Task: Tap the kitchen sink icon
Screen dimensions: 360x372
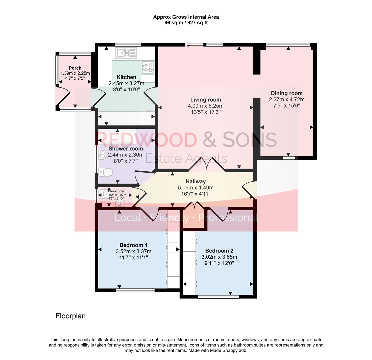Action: (126, 53)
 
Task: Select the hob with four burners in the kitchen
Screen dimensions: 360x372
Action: (148, 67)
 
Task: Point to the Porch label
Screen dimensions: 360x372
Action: (75, 68)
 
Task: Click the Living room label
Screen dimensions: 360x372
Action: (206, 100)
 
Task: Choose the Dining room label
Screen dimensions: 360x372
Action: (287, 93)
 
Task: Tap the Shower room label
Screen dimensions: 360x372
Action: (126, 149)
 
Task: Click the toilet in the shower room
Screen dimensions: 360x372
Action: (106, 172)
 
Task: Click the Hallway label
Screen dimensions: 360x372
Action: (196, 181)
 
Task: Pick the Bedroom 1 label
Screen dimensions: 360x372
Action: (133, 245)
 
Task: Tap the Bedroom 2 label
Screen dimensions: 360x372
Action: (219, 251)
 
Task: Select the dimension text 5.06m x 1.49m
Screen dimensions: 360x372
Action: (196, 188)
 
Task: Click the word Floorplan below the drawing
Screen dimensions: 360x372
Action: (70, 316)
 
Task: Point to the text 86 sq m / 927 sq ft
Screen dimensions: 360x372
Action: (186, 23)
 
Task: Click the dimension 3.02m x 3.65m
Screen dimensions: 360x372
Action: (219, 257)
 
